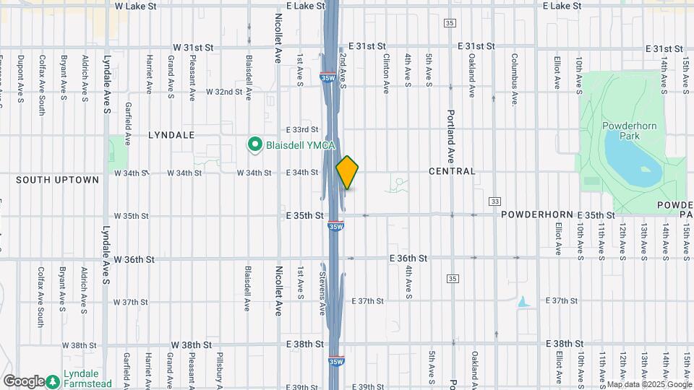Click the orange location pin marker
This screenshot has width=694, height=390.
point(348,173)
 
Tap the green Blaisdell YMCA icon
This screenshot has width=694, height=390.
point(254,145)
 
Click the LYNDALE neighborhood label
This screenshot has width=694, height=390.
point(172,135)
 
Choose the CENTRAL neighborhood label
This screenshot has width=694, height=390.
point(452,172)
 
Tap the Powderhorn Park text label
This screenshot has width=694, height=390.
point(629,131)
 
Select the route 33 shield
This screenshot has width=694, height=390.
point(494,201)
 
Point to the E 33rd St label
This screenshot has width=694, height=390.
point(301,129)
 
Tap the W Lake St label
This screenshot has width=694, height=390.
point(136,6)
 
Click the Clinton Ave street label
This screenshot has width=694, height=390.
point(387,71)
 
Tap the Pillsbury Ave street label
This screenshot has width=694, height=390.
point(219,368)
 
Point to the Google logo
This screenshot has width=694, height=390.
point(24,381)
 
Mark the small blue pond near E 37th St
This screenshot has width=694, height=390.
point(523,301)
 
